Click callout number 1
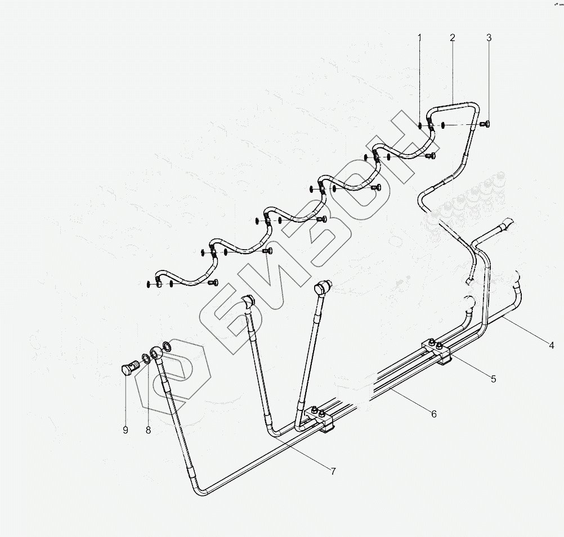coord(419,38)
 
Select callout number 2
coord(453,38)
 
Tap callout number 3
coord(489,38)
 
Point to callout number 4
coord(552,345)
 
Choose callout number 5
coord(493,379)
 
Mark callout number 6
coord(433,414)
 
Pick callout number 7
coord(333,471)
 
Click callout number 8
coord(148,430)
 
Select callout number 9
coord(125,430)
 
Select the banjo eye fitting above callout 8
coord(157,354)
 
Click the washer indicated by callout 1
coord(420,125)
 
